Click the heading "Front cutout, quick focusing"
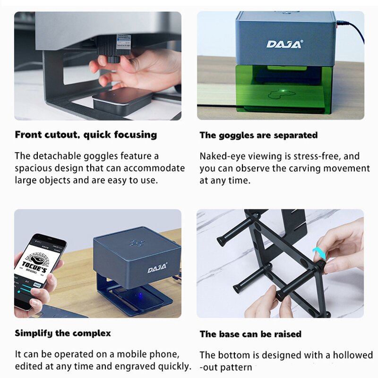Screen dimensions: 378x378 86,135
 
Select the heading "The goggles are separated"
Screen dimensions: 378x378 258,135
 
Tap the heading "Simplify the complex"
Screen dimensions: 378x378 62,333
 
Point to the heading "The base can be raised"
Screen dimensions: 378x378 250,334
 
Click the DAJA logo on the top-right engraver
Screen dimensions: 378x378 284,44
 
